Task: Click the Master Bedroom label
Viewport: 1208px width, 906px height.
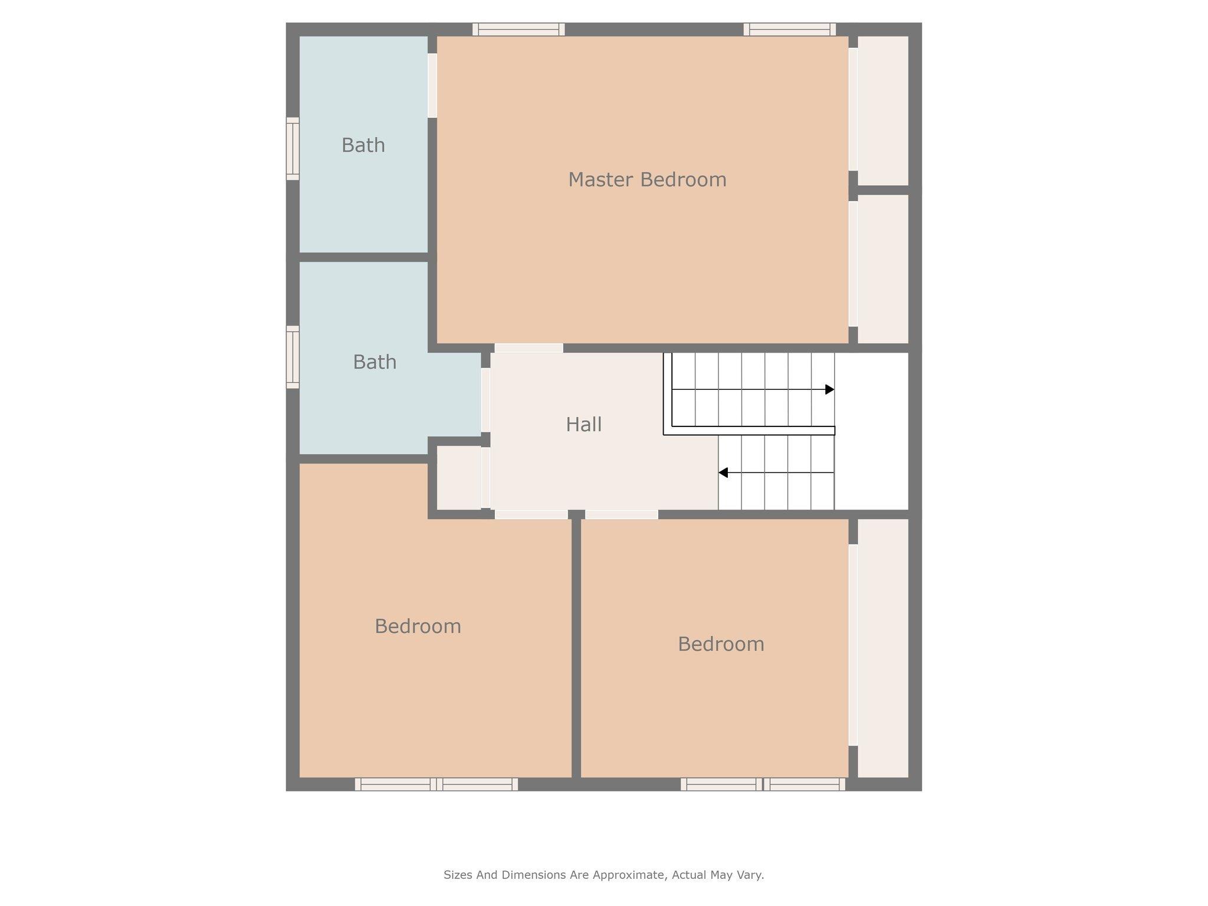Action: [x=647, y=179]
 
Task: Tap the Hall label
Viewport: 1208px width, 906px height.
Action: [x=583, y=424]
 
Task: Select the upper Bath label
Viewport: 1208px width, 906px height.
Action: [x=363, y=145]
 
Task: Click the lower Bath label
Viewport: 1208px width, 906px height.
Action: [x=375, y=362]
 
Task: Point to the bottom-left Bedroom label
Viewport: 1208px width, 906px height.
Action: [x=418, y=626]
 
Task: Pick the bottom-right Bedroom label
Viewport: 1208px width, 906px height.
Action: [x=721, y=644]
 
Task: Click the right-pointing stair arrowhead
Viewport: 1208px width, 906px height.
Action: [x=830, y=389]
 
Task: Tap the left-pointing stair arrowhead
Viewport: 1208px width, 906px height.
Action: [x=723, y=472]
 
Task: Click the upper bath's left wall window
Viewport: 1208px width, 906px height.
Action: [x=293, y=149]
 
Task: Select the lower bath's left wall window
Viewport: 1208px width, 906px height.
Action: [x=293, y=357]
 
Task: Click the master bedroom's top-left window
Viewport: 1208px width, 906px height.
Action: [x=518, y=29]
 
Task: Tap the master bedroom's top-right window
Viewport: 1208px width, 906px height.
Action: [x=790, y=29]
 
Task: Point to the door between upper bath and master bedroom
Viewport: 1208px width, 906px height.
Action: [x=432, y=86]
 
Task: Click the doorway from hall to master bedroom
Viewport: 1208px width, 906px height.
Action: [x=528, y=348]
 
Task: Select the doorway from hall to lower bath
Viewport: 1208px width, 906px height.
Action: [x=485, y=400]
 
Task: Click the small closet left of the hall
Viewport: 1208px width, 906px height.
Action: [x=459, y=477]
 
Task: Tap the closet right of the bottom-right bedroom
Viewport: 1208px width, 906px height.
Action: [x=882, y=648]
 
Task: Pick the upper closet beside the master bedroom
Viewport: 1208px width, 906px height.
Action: [x=882, y=111]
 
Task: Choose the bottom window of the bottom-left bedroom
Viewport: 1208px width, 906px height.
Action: [x=436, y=784]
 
